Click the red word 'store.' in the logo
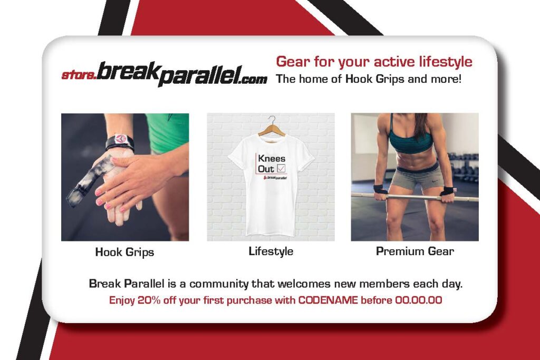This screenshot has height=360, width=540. tap(79, 75)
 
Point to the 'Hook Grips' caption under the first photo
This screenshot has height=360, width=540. tap(124, 252)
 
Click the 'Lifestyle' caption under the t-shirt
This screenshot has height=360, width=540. tap(271, 251)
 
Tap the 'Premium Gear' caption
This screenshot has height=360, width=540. tap(414, 251)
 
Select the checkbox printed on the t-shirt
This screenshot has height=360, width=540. tap(281, 168)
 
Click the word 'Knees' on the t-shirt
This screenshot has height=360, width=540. tap(272, 159)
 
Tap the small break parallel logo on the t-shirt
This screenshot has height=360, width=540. tap(275, 178)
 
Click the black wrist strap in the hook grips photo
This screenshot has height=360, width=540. tap(120, 141)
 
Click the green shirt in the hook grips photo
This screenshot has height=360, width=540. tap(168, 133)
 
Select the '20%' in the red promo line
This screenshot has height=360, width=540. tap(149, 300)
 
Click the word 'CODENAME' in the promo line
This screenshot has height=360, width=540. tap(328, 300)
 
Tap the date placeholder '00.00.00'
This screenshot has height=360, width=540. tap(418, 300)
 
